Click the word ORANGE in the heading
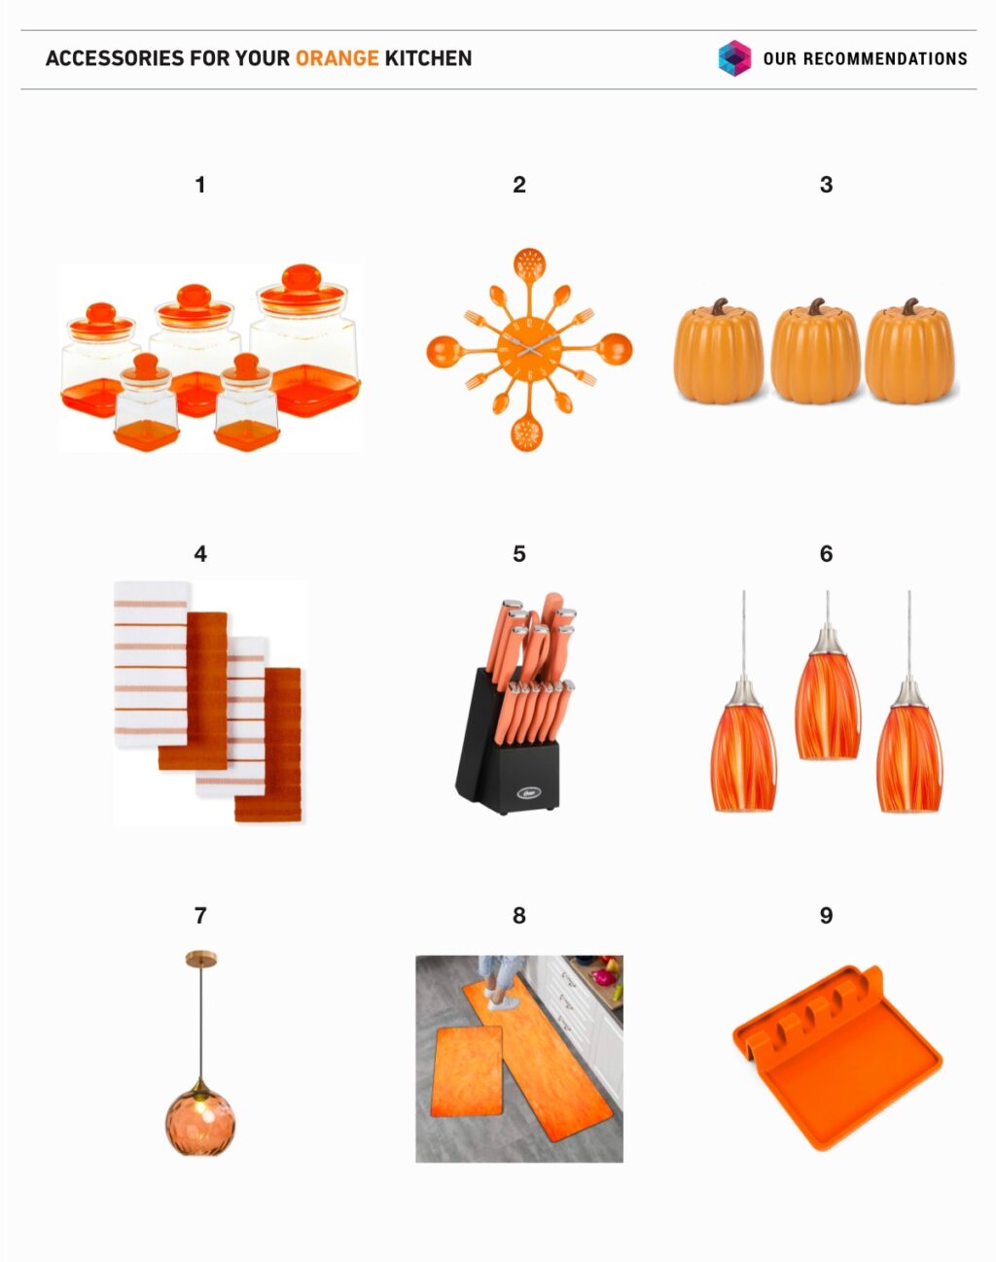[337, 58]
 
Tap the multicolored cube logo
[734, 58]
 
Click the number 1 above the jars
[200, 185]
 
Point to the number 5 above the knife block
[518, 554]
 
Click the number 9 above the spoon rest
[826, 916]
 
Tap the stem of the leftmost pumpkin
[721, 307]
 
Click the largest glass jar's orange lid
[302, 282]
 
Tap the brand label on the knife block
[526, 792]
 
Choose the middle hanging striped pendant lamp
[827, 705]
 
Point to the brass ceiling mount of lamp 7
[200, 960]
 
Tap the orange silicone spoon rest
[836, 1060]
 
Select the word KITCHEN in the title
[428, 58]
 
